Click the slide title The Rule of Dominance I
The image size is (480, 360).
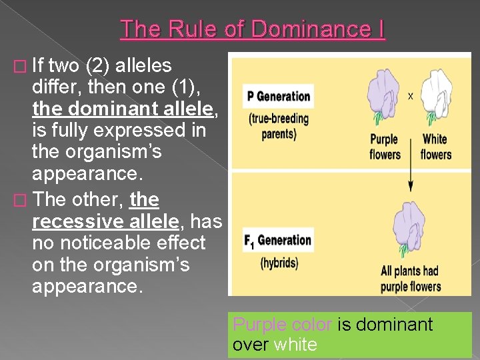[x=253, y=29]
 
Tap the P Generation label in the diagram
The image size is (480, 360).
[x=279, y=96]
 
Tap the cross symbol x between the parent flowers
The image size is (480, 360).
[x=410, y=95]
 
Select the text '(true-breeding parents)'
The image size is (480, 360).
[x=279, y=126]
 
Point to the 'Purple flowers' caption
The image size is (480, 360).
[x=384, y=147]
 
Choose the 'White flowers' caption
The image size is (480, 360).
[x=435, y=147]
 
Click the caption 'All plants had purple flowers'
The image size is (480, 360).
[x=410, y=279]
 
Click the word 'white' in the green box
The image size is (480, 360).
[x=295, y=345]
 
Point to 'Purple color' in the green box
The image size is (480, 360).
[x=282, y=325]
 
